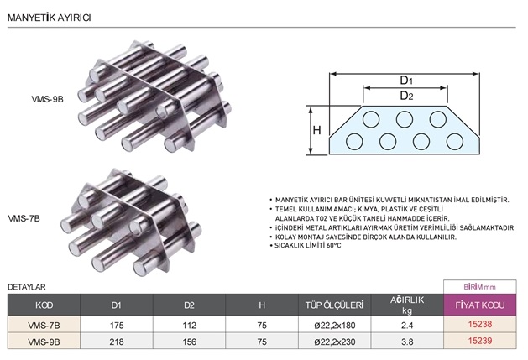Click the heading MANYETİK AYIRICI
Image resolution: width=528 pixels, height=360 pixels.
pos(50,18)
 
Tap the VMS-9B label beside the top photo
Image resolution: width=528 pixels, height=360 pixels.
pos(48,99)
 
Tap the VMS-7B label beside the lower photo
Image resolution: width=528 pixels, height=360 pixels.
pos(24,218)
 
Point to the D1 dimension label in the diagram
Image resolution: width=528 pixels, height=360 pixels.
pos(406,81)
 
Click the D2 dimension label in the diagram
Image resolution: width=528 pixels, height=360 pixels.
pos(406,96)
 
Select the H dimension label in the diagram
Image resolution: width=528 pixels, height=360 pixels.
pos(316,130)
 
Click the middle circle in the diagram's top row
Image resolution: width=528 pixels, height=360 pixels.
pos(405,119)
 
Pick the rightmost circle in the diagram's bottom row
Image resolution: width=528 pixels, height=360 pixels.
pos(455,142)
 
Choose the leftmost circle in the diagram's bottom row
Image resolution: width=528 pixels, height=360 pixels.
pos(354,142)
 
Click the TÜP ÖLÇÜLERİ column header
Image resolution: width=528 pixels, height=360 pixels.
pos(334,305)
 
